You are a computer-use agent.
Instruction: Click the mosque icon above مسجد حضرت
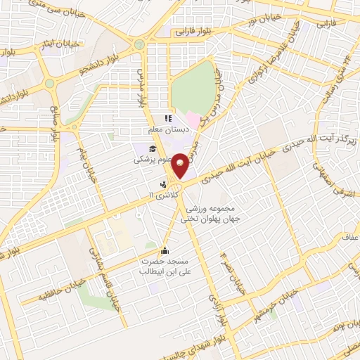(x=165, y=251)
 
